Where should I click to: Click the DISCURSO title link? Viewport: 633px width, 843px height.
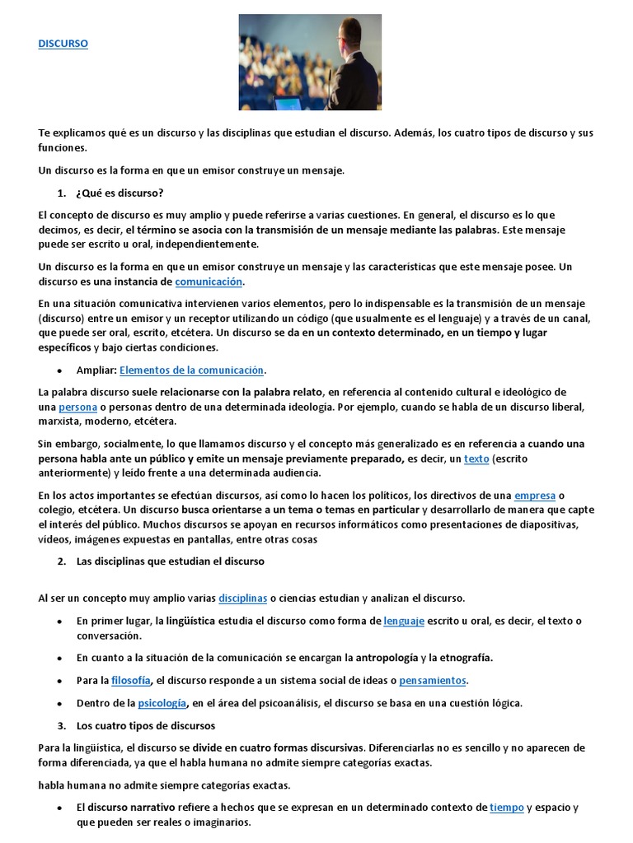click(x=63, y=44)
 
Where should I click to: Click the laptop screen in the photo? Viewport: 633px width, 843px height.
click(x=287, y=104)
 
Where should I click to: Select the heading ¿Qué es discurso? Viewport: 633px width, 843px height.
click(x=120, y=193)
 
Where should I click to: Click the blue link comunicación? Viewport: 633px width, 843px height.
click(x=209, y=282)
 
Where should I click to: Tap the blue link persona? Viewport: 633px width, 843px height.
click(x=78, y=408)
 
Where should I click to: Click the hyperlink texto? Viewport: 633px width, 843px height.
click(x=476, y=459)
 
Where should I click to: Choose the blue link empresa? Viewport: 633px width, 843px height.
click(x=535, y=496)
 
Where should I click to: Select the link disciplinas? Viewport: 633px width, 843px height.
click(x=243, y=598)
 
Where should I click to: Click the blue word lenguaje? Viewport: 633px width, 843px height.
click(x=404, y=621)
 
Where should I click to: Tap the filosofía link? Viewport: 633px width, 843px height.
click(x=131, y=681)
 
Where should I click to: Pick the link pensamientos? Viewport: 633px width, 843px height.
click(x=433, y=681)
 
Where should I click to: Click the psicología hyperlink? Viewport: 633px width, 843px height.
click(x=162, y=703)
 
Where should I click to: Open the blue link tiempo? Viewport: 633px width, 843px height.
click(x=507, y=808)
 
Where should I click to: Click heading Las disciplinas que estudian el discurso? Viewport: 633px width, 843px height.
click(x=170, y=561)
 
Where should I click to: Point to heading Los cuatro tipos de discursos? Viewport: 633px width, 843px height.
click(x=146, y=725)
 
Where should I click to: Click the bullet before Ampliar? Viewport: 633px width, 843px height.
click(x=61, y=370)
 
